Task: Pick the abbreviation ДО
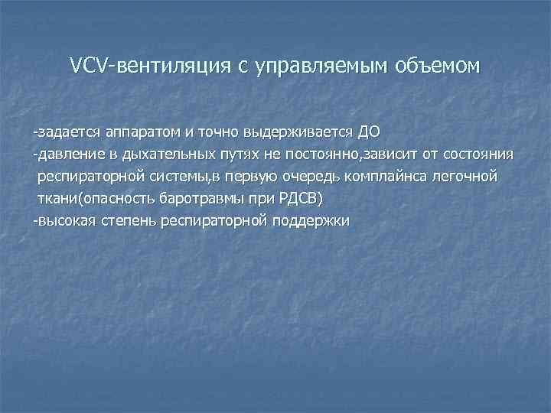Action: pos(369,133)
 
